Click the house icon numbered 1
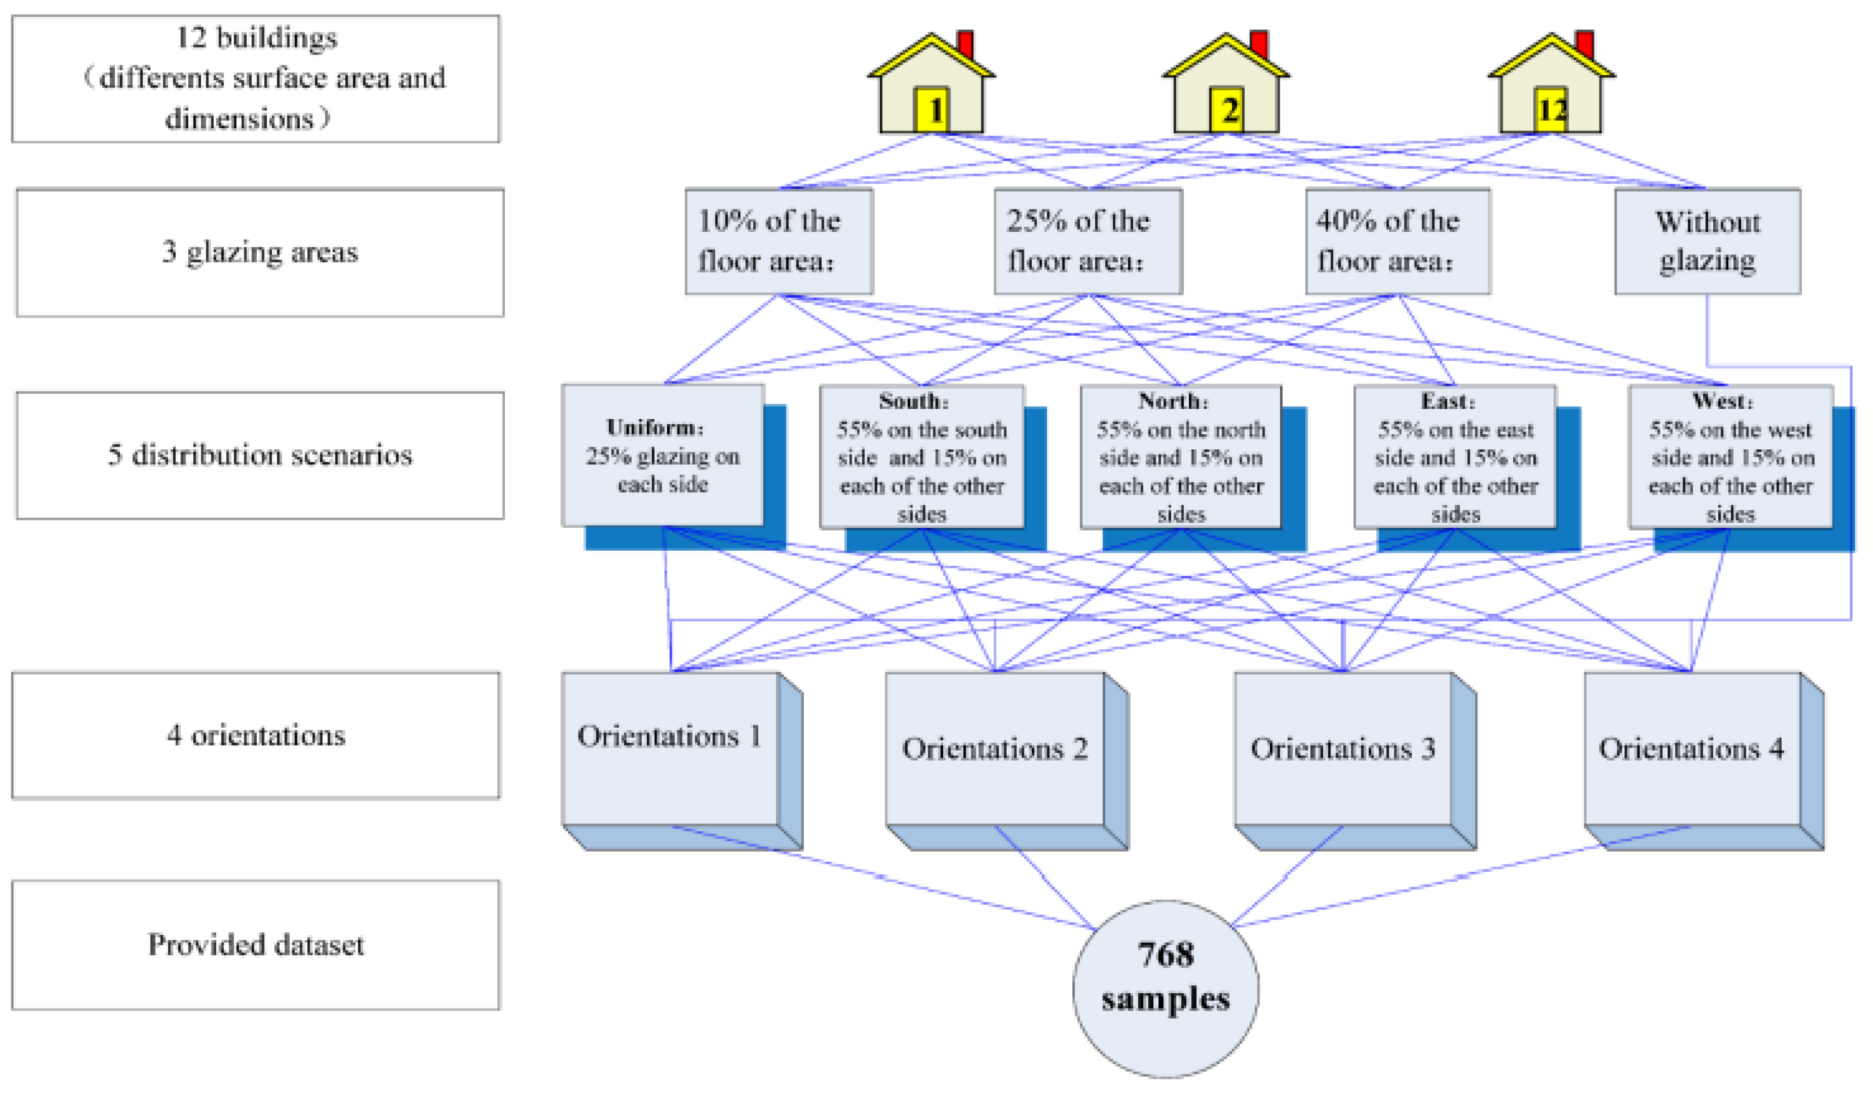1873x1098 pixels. point(931,89)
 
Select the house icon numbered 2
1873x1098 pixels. point(1226,89)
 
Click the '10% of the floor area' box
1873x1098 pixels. point(778,241)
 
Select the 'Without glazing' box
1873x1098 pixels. point(1707,241)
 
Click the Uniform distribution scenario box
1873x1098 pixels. point(663,455)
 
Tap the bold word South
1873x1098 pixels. point(914,401)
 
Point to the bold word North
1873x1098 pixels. point(1173,401)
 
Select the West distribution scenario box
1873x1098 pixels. point(1730,457)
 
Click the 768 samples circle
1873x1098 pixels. point(1165,988)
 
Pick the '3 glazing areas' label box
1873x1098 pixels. point(260,253)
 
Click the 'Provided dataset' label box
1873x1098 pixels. point(256,945)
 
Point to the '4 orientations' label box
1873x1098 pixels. point(256,736)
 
